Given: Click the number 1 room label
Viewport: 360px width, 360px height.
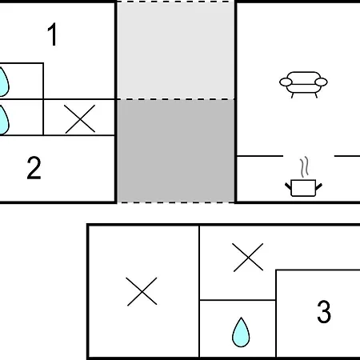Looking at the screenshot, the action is (53, 34).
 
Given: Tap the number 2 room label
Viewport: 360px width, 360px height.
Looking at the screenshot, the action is (34, 168).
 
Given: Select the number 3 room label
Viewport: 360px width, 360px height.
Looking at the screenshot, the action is (324, 311).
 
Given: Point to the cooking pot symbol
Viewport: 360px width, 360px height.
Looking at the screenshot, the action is (303, 188).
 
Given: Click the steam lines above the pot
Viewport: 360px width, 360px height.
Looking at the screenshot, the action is (304, 167).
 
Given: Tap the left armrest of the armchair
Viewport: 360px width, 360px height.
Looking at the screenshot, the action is (286, 82).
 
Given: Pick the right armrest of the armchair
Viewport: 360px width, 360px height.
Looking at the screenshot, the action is (321, 82).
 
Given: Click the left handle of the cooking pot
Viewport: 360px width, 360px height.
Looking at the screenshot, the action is (288, 186).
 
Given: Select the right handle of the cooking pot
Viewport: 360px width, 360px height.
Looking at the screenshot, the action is (318, 186).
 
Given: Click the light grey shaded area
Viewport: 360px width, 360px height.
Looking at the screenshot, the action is (176, 50).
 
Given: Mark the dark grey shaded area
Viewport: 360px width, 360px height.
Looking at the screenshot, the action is (176, 151).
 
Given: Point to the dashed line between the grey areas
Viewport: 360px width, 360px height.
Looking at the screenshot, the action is (176, 99).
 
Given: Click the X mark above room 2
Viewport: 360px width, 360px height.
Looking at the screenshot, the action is (80, 119).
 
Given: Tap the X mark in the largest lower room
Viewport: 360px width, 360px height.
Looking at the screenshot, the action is (142, 291).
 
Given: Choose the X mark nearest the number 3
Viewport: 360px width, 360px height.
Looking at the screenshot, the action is (248, 258).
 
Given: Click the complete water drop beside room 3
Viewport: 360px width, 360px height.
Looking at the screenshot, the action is (241, 332).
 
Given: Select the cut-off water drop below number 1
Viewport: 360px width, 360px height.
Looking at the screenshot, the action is (4, 82).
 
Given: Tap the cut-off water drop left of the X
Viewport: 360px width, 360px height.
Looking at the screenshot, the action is (4, 120).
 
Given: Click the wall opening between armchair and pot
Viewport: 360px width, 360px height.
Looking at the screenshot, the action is (309, 156).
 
